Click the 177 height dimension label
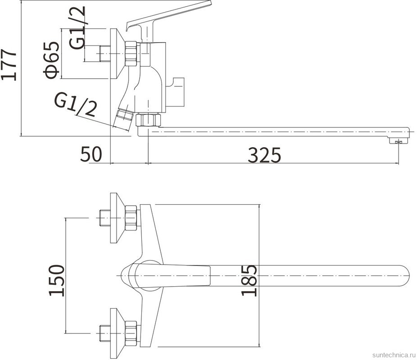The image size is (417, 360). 9,64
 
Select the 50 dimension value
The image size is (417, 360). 91,154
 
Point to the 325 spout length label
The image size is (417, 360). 264,155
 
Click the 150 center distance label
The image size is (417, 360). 57,280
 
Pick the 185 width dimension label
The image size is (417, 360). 249,280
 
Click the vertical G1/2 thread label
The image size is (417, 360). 77,27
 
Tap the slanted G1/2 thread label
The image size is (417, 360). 75,105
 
